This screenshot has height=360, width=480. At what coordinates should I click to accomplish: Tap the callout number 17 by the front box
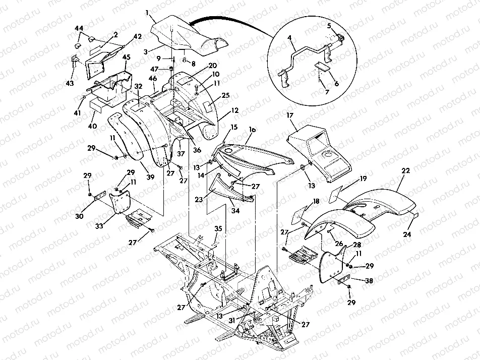(290, 115)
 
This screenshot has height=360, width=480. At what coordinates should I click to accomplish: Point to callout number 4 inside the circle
(290, 37)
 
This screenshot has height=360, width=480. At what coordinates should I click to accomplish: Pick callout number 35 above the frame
(218, 228)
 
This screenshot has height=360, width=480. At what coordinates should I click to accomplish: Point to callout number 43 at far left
(69, 82)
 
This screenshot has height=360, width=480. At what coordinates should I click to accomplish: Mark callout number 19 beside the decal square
(363, 179)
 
